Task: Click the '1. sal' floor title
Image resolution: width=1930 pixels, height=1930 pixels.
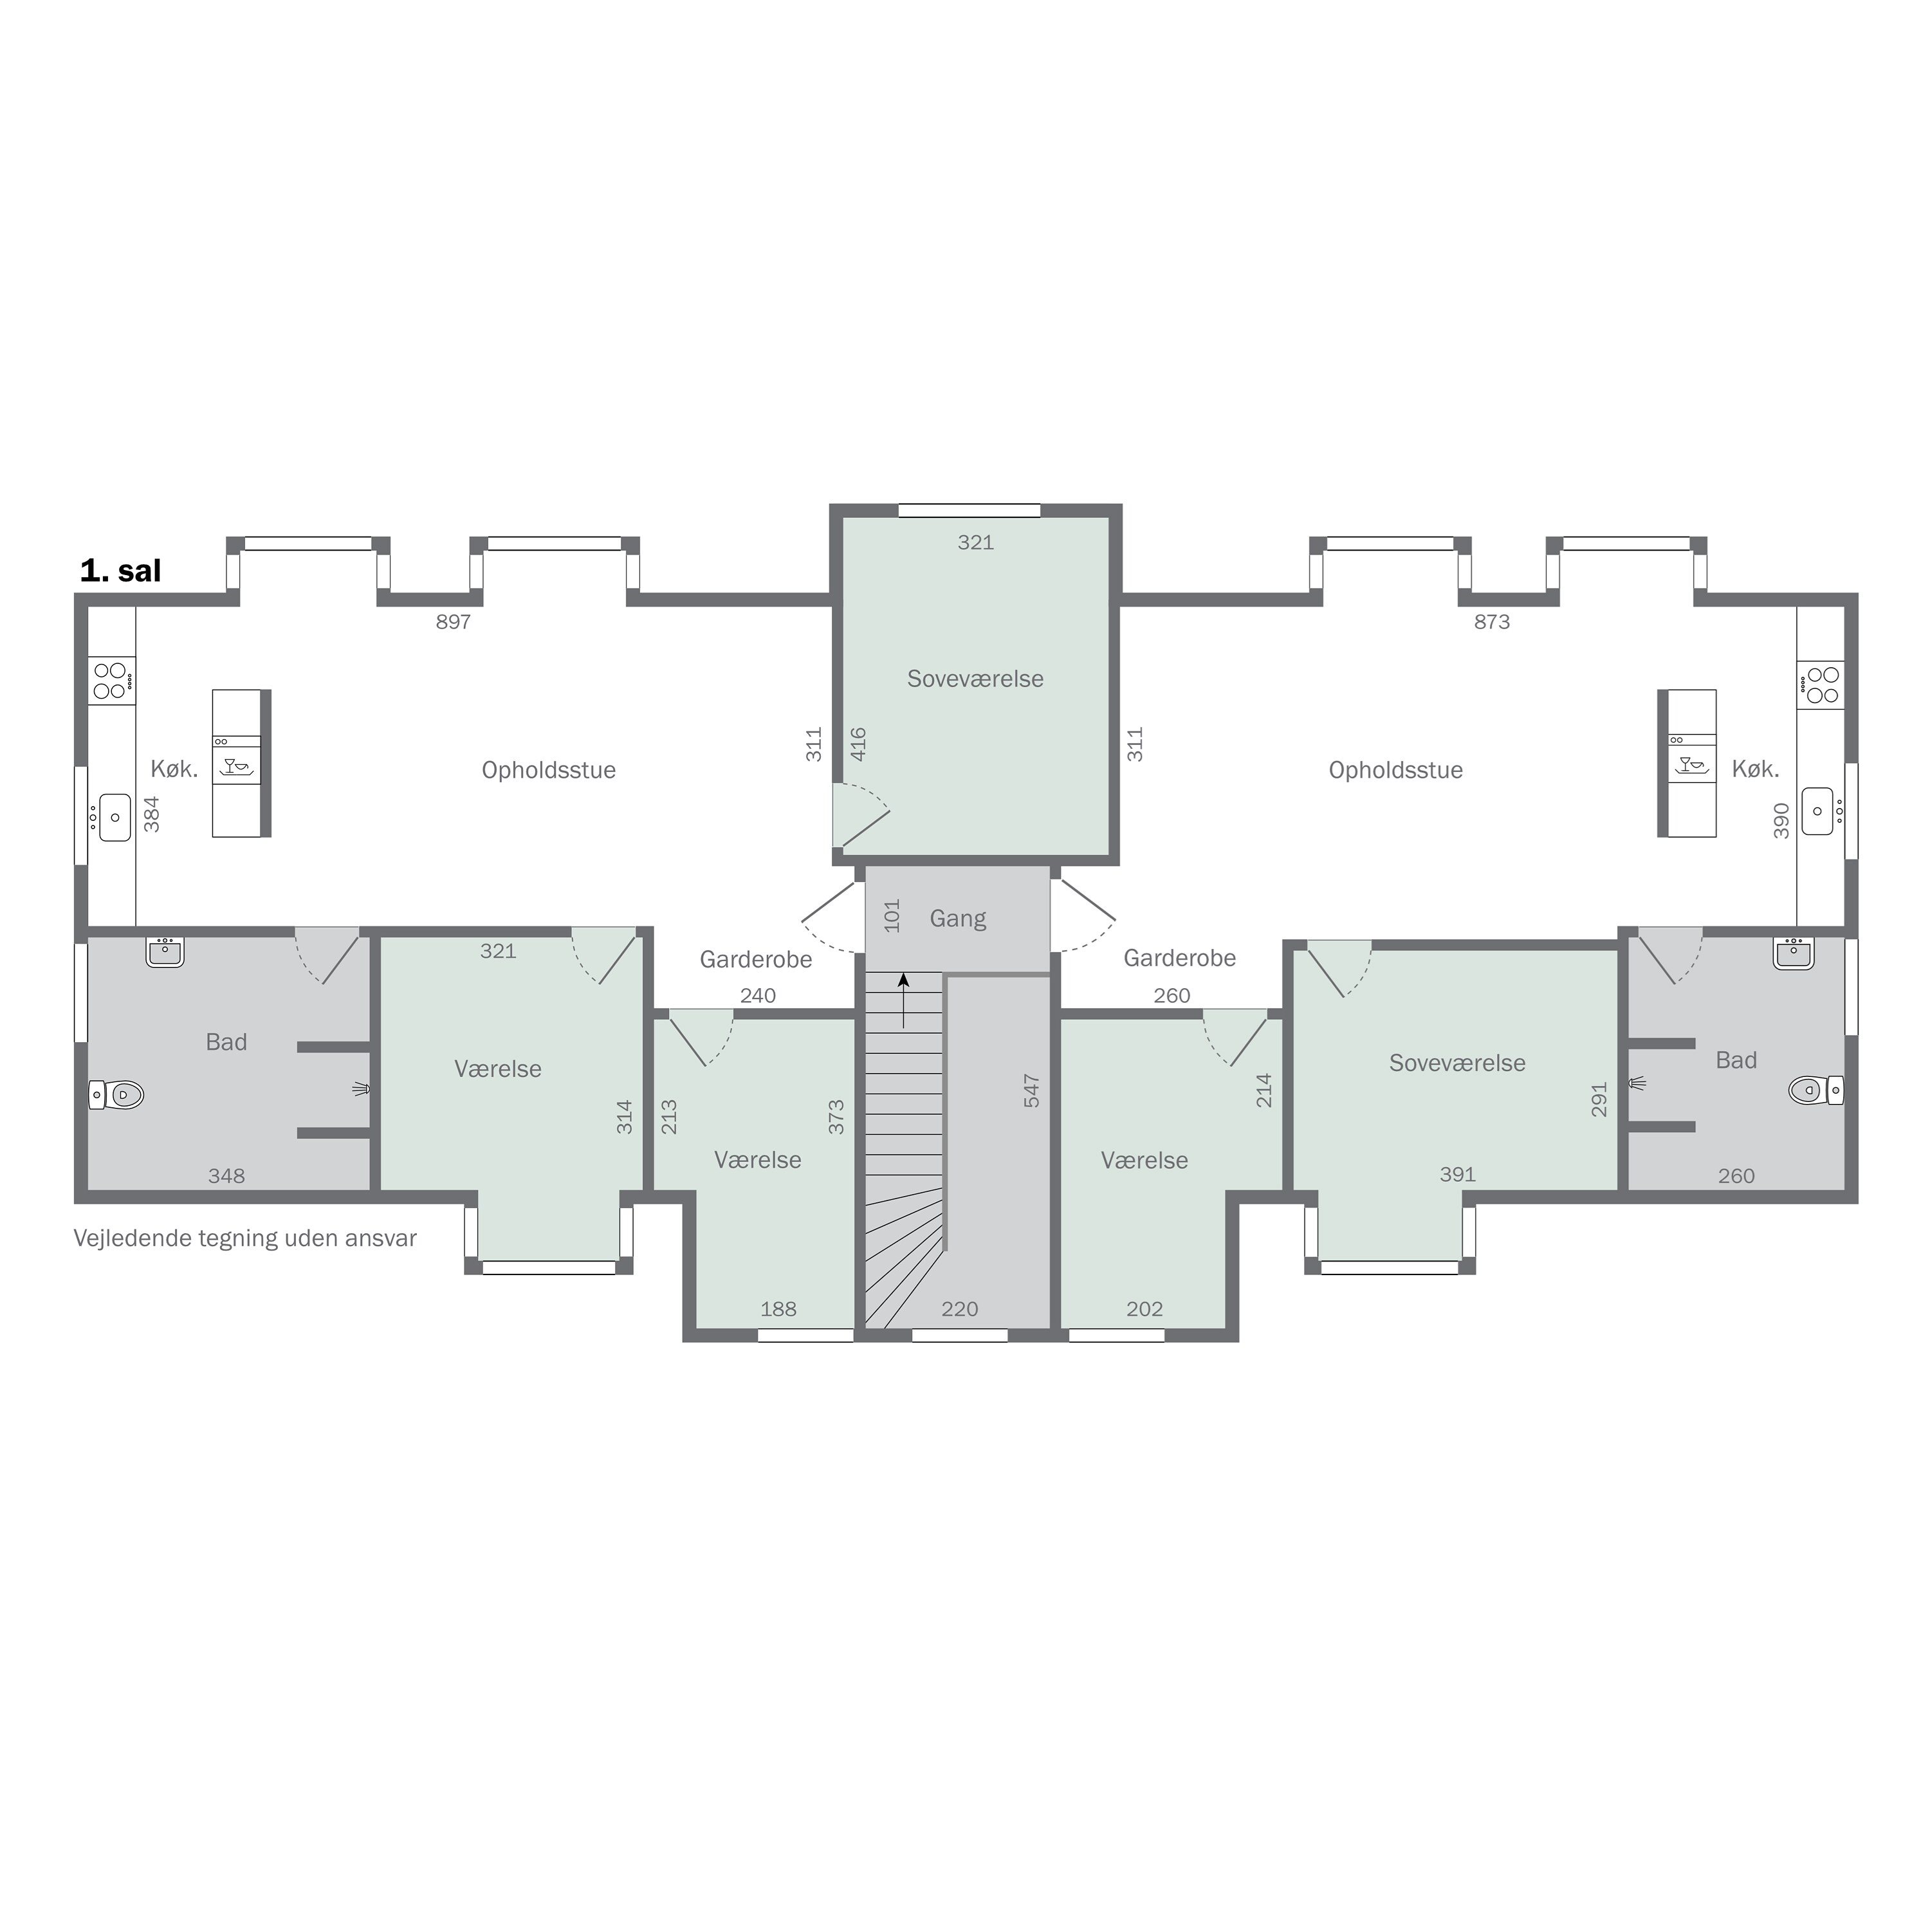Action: click(x=120, y=571)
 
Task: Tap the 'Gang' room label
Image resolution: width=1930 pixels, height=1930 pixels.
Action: click(x=958, y=918)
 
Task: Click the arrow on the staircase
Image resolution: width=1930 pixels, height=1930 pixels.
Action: click(x=903, y=1000)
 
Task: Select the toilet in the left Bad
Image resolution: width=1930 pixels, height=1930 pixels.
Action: click(x=117, y=1095)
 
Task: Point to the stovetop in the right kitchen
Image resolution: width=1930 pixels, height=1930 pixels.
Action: click(x=1820, y=685)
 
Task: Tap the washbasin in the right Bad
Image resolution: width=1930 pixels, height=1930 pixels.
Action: click(x=1794, y=954)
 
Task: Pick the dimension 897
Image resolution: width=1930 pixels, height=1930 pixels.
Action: click(x=452, y=621)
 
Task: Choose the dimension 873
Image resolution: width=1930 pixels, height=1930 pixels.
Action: click(x=1491, y=621)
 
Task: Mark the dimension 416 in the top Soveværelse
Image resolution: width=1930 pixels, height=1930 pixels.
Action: click(x=858, y=744)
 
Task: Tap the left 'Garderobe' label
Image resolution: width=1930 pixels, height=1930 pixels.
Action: click(x=755, y=960)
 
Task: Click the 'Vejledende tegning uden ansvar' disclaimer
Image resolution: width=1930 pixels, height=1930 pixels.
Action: click(x=244, y=1238)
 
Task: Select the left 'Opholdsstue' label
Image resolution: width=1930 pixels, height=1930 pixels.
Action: click(x=548, y=770)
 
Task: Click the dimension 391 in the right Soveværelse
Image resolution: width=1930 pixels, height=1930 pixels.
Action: click(x=1458, y=1175)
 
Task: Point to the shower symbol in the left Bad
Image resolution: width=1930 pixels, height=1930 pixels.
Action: click(x=362, y=1089)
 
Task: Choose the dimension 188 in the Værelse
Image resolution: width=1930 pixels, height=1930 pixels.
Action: click(x=778, y=1309)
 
